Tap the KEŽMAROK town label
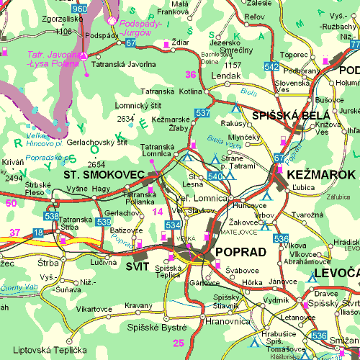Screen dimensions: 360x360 (x=320, y=175)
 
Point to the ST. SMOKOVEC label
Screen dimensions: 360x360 (x=95, y=175)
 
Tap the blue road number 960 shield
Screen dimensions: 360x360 (x=80, y=9)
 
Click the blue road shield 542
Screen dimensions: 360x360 (x=271, y=67)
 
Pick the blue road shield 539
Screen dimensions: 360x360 (x=103, y=222)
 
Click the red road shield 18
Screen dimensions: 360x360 (x=38, y=232)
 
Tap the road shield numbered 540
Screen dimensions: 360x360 (x=215, y=176)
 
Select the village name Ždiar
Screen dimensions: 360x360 (x=181, y=43)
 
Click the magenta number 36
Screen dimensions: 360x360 (x=190, y=74)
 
